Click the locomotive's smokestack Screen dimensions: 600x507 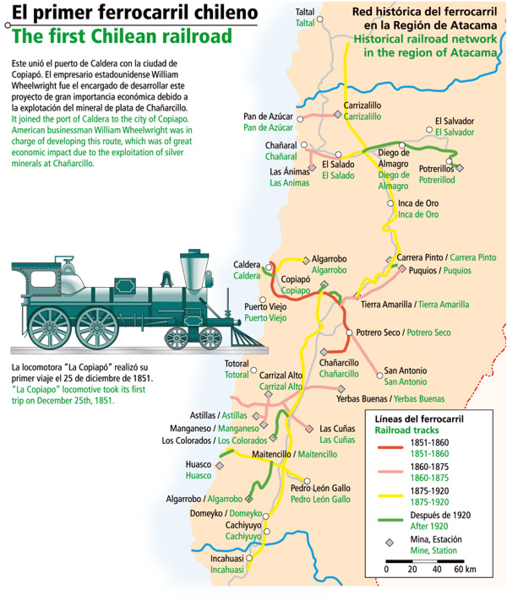[x=197, y=269]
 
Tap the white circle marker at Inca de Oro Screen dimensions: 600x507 [x=390, y=203]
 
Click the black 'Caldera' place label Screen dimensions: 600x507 [x=247, y=265]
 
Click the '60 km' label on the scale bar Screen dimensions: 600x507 [x=464, y=569]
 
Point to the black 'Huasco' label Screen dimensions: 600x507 [x=199, y=464]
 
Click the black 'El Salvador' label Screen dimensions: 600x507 [x=455, y=122]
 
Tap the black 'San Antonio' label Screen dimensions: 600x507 [x=405, y=370]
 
